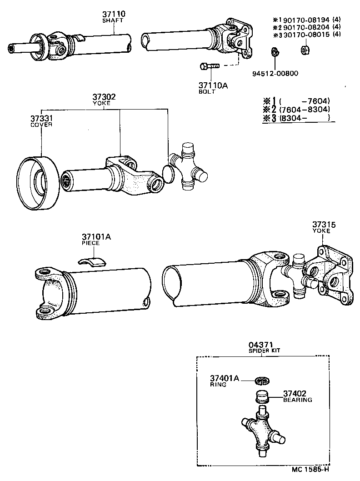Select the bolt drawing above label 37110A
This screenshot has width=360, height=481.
(209, 66)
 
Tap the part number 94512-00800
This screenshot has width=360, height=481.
(275, 74)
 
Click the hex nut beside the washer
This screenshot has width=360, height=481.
(305, 50)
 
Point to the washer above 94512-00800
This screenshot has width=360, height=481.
(275, 51)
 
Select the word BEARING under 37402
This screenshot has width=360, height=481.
(298, 400)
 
